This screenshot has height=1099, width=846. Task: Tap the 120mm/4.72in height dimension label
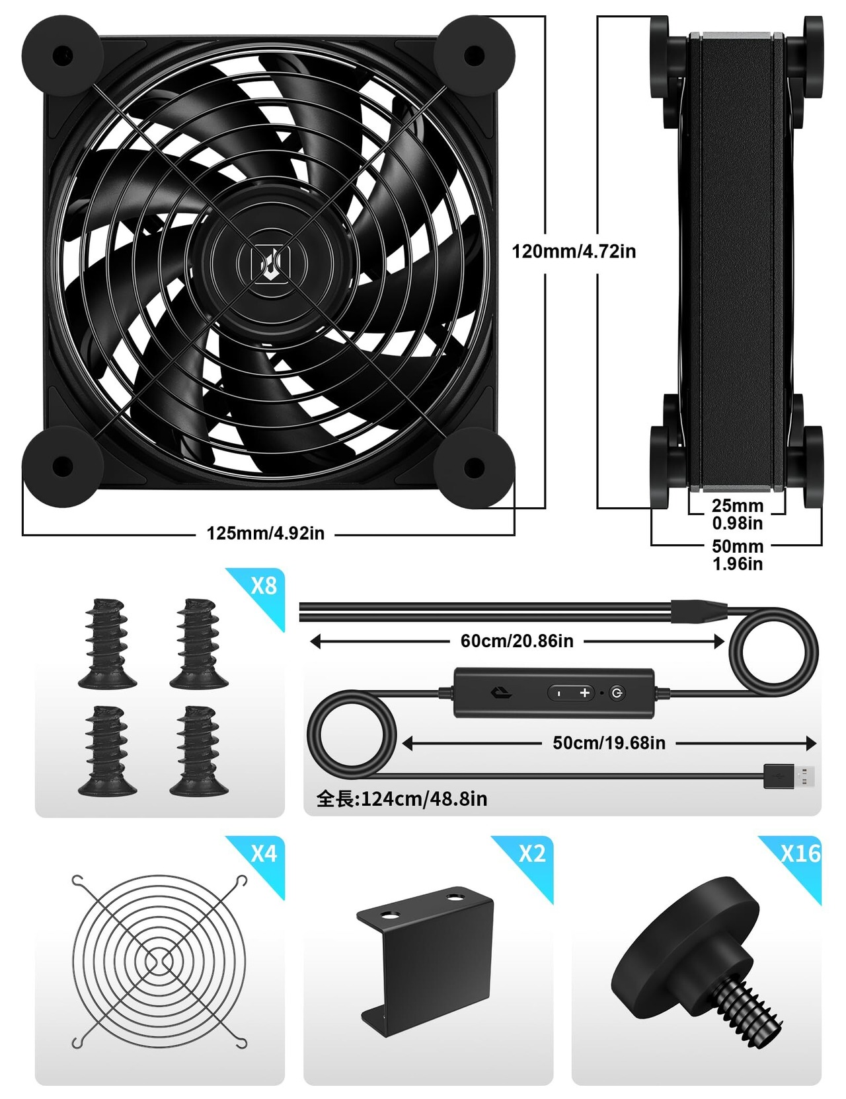[574, 252]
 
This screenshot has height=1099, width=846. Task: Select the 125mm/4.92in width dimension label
[266, 534]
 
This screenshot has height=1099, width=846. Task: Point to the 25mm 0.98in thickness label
[738, 514]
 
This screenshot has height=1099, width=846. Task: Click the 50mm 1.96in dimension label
[738, 555]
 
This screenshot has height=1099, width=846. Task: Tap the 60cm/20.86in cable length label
[517, 641]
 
